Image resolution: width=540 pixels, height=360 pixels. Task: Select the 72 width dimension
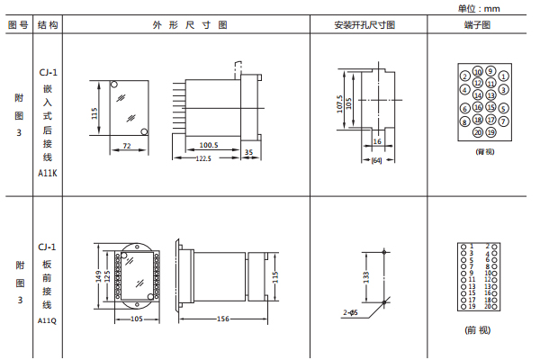tap(127, 145)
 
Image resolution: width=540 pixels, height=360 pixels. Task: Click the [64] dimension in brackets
tap(376, 160)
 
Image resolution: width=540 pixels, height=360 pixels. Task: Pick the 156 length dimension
tap(223, 318)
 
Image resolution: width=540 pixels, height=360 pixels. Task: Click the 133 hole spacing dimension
tap(367, 277)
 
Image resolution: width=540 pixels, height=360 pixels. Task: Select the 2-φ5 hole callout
tap(350, 312)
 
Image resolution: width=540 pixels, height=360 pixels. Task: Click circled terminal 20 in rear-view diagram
tap(478, 131)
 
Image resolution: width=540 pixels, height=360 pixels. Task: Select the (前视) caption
tap(477, 330)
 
